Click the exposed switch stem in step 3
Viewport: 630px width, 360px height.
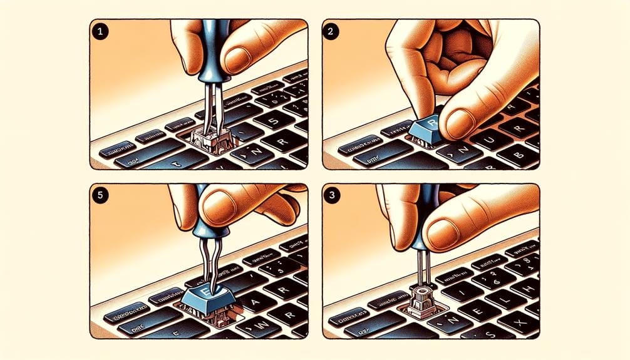click(418, 296)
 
